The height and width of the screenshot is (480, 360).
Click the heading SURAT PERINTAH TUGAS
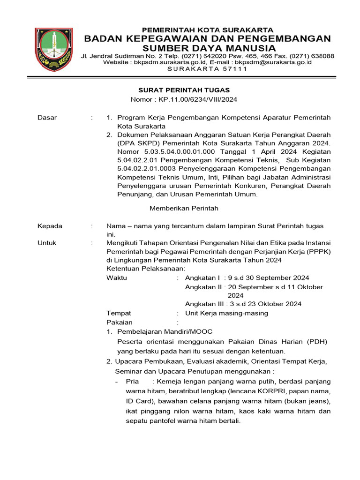183,90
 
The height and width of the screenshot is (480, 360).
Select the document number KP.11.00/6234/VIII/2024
198,99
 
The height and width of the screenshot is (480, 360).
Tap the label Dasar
47,118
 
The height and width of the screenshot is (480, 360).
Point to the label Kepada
50,226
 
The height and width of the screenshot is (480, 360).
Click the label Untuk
47,243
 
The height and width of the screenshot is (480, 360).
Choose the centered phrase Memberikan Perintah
184,208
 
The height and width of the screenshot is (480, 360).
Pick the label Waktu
117,278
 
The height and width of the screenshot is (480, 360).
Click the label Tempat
119,313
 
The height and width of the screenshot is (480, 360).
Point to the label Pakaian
120,322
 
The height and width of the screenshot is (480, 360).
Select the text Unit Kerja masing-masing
226,313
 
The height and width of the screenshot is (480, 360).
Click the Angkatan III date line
243,304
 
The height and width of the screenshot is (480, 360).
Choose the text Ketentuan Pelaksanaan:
146,269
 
